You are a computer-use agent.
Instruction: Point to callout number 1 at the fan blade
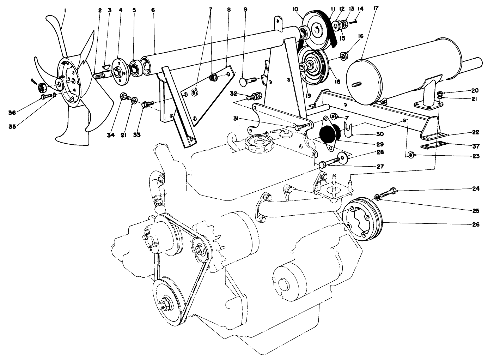65,11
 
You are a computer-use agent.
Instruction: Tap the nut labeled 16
342,55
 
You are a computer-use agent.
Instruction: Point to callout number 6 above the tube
153,10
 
